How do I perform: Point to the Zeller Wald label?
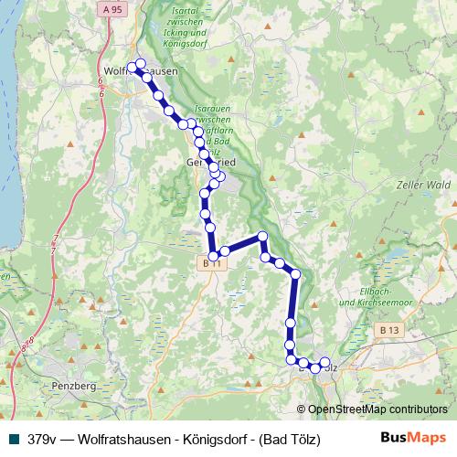point(424,185)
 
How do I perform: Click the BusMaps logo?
point(413,438)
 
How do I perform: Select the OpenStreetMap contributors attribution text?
point(378,409)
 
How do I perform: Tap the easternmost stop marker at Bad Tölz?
point(324,363)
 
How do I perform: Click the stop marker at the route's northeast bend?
point(262,238)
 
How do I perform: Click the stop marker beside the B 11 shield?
point(214,256)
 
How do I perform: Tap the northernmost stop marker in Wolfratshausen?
point(140,63)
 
